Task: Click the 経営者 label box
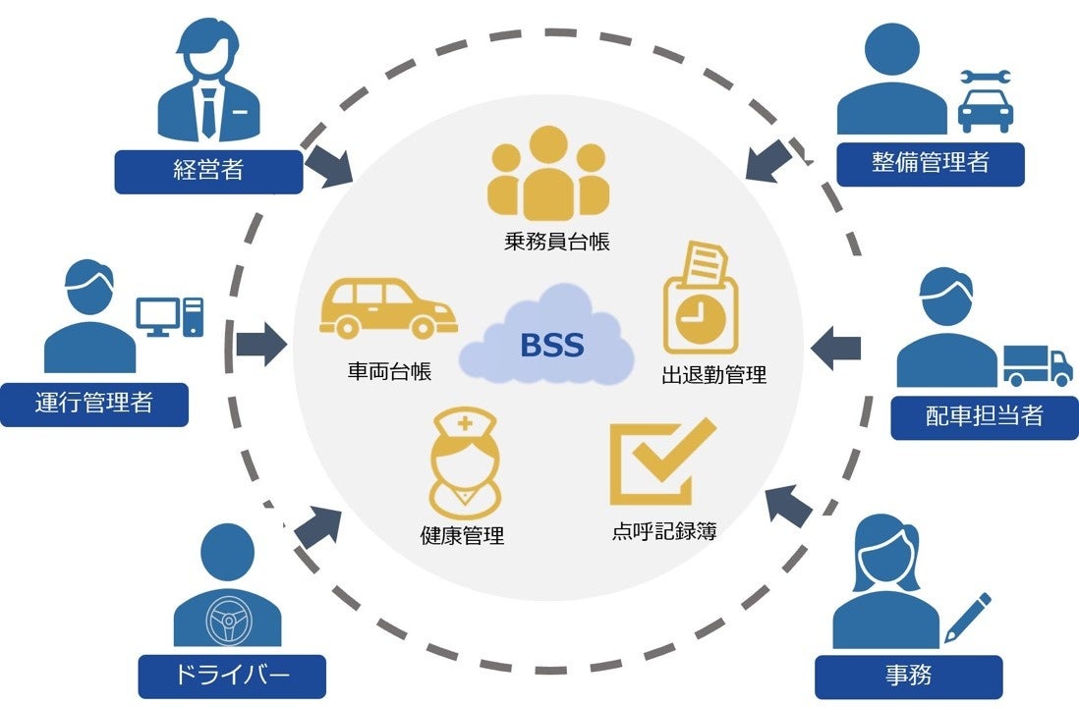[x=208, y=172]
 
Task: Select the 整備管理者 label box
[x=930, y=164]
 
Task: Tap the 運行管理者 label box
[x=93, y=404]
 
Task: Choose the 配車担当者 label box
[x=984, y=416]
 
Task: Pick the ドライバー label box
[x=231, y=677]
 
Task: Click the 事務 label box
[x=908, y=677]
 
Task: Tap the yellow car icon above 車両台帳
[x=386, y=307]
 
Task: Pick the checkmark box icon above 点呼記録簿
[x=660, y=462]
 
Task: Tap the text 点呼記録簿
[x=663, y=532]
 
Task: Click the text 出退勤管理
[x=713, y=374]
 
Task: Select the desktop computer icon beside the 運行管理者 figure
[x=169, y=316]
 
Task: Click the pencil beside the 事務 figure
[x=967, y=617]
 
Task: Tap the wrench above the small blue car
[x=984, y=76]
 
